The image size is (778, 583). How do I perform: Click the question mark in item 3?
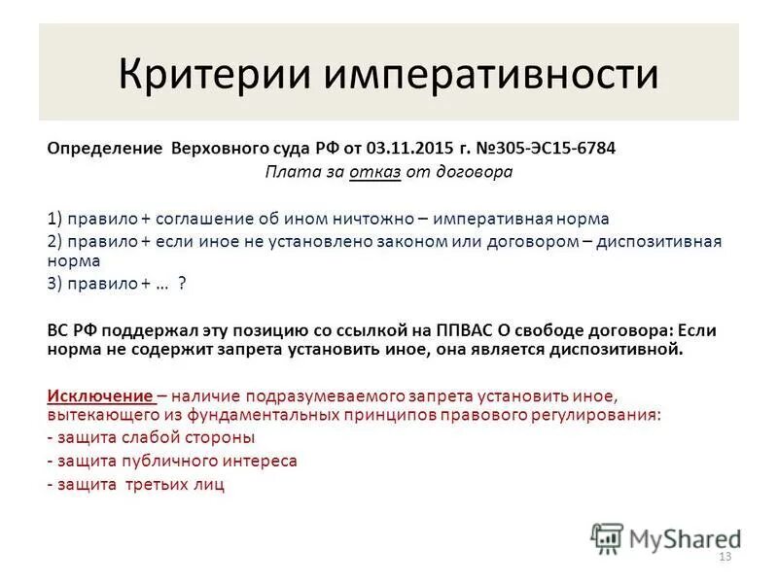(181, 284)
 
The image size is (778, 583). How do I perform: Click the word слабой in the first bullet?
(145, 437)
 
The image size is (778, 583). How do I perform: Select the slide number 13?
(724, 557)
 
